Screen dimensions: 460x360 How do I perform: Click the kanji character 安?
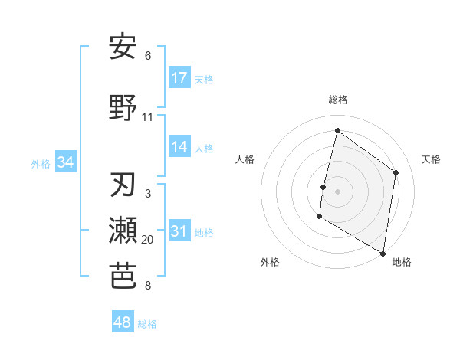[123, 47]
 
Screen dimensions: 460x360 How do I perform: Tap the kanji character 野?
[123, 108]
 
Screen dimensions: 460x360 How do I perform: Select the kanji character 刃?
[123, 185]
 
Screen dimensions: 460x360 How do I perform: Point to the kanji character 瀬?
[123, 231]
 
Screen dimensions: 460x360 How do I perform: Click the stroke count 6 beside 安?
[148, 56]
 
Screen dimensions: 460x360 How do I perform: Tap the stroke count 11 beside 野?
[148, 117]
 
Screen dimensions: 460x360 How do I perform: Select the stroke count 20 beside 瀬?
[148, 240]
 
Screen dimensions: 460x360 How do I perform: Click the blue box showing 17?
[179, 77]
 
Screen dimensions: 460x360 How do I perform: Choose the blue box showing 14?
[179, 147]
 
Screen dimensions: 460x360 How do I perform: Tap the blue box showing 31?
[179, 231]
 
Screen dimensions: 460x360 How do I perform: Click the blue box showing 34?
[66, 162]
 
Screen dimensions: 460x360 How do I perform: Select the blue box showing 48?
[123, 322]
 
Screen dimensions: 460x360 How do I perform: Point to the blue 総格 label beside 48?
[147, 324]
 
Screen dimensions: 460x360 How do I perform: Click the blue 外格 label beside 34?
[41, 163]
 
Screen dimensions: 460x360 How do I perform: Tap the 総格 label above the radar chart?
[337, 100]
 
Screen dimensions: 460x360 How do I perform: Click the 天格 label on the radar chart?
[431, 159]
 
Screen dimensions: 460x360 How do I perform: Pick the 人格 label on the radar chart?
[245, 159]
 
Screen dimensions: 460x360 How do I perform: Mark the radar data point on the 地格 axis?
[383, 253]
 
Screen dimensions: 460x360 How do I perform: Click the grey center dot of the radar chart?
[337, 191]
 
